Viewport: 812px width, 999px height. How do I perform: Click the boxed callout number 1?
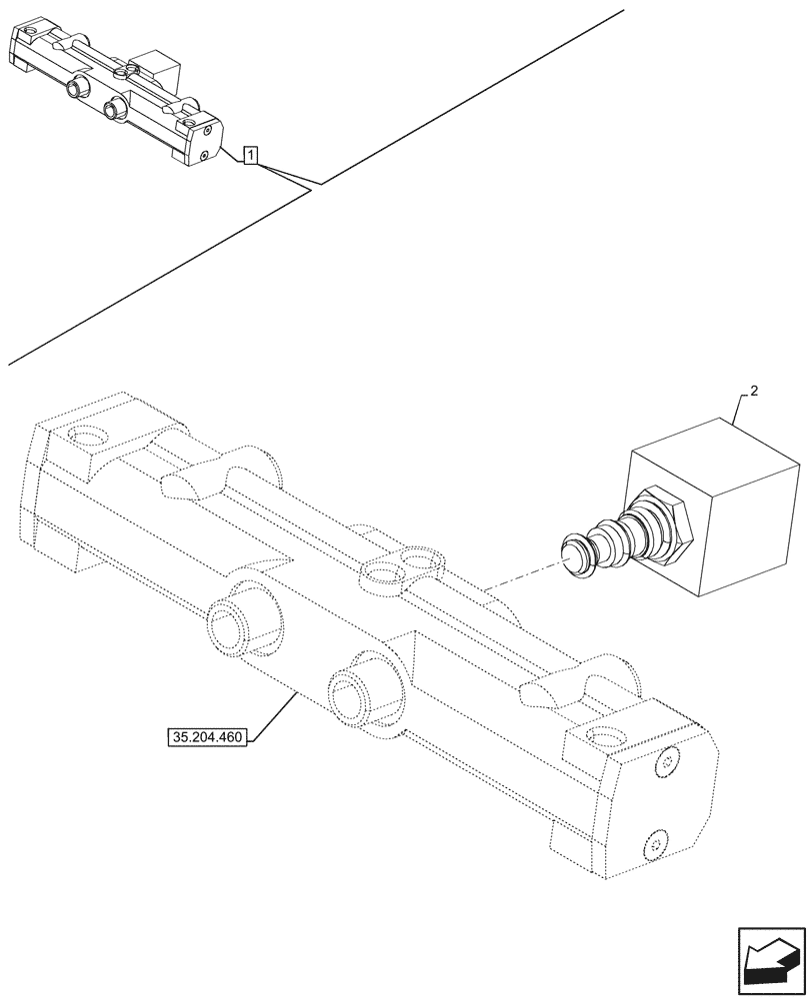[x=251, y=155]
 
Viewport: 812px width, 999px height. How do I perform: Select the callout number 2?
[x=753, y=391]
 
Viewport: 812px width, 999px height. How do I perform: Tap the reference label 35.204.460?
[x=207, y=738]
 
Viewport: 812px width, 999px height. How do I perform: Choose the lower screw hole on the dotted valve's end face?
[x=655, y=845]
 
